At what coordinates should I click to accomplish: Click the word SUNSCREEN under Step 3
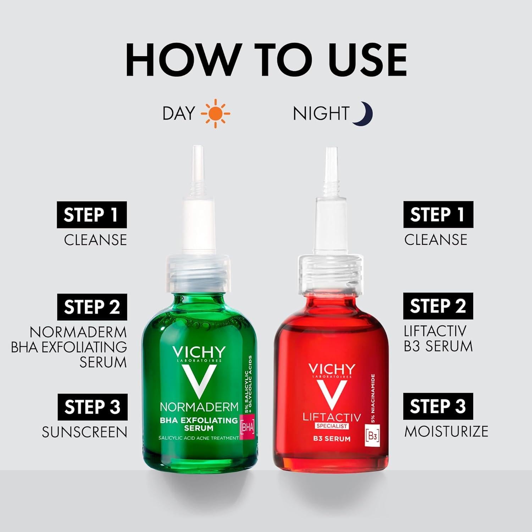[x=84, y=432]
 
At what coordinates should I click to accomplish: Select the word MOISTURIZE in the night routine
[x=446, y=431]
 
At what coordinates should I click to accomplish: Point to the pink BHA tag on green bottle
[x=247, y=427]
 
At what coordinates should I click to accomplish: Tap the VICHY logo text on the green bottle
[x=199, y=352]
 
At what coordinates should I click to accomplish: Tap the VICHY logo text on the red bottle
[x=332, y=369]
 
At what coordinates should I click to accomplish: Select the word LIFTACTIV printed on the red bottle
[x=332, y=417]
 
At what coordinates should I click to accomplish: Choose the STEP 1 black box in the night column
[x=438, y=215]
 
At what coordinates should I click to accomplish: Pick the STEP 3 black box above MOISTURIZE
[x=438, y=406]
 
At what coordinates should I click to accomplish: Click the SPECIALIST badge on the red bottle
[x=332, y=426]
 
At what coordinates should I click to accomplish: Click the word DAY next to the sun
[x=179, y=113]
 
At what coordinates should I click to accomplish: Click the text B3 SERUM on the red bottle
[x=332, y=439]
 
